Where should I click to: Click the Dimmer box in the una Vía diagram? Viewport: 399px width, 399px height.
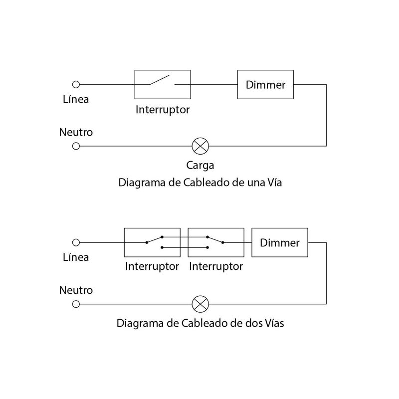pos(266,84)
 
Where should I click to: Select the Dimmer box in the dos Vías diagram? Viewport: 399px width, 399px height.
pos(280,243)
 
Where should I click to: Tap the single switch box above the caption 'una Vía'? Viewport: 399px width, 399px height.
pos(163,84)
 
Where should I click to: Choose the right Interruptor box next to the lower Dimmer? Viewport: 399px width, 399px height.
pos(216,243)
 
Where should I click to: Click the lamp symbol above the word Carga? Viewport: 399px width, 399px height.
pos(200,146)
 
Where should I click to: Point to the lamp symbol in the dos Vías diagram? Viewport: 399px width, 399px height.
pos(200,303)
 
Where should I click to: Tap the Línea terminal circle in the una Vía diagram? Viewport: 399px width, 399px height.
pos(76,84)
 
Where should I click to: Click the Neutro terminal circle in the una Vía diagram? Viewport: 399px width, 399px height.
pos(76,146)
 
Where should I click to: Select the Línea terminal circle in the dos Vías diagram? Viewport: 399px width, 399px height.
pos(76,243)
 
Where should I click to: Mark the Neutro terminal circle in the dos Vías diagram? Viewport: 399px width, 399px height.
pos(76,303)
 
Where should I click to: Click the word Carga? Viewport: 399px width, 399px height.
pos(200,165)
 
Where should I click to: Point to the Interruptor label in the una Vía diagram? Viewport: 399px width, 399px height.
pos(163,109)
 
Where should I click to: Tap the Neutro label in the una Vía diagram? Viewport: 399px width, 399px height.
pos(76,133)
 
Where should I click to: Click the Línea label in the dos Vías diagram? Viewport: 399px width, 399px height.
pos(76,257)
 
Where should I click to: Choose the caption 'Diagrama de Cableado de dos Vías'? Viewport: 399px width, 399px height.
pos(200,323)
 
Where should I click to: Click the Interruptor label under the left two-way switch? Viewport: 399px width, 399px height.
pos(152,266)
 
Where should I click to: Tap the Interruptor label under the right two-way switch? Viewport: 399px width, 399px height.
pos(216,266)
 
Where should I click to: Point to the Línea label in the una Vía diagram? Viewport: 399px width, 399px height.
pos(76,99)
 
